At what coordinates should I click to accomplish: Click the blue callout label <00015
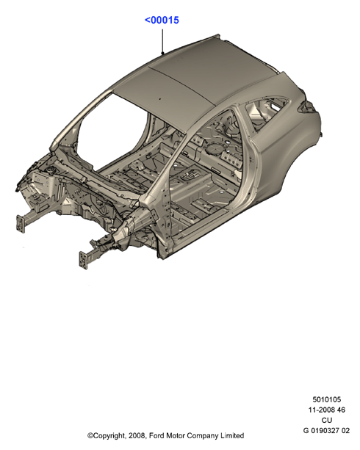pyautogui.click(x=162, y=21)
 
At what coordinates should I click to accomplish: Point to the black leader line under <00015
pyautogui.click(x=162, y=42)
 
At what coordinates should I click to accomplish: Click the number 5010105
pyautogui.click(x=327, y=399)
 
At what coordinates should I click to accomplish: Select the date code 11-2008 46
pyautogui.click(x=327, y=410)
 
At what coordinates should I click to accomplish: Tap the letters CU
pyautogui.click(x=327, y=420)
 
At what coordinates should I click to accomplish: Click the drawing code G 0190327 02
pyautogui.click(x=326, y=430)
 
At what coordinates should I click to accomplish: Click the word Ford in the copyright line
pyautogui.click(x=156, y=435)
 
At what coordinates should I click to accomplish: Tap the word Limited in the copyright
pyautogui.click(x=232, y=435)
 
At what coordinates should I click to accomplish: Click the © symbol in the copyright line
pyautogui.click(x=90, y=435)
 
